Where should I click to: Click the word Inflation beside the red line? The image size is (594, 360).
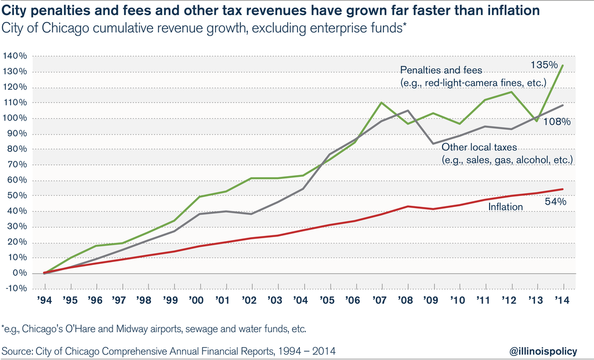505,207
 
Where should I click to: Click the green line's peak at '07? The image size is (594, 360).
382,103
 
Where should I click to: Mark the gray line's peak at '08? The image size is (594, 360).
408,111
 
